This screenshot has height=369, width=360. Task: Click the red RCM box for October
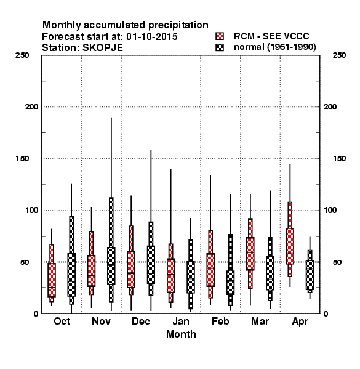[52, 280]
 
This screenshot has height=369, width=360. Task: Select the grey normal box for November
[111, 266]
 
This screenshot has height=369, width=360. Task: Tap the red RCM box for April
[290, 246]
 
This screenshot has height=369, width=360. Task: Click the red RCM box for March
[250, 253]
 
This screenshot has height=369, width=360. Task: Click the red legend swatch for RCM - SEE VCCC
[220, 36]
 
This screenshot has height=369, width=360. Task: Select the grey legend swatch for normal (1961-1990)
[220, 47]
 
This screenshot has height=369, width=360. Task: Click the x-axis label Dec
[141, 321]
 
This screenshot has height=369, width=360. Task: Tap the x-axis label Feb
[220, 321]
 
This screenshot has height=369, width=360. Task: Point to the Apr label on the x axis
[300, 322]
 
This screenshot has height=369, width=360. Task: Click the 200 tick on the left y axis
[32, 107]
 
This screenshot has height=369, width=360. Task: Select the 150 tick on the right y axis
[339, 159]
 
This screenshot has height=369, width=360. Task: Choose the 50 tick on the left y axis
[25, 262]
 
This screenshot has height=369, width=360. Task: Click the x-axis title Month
[181, 334]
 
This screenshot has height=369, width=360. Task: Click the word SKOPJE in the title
[103, 48]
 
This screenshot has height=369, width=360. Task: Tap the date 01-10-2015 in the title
[152, 37]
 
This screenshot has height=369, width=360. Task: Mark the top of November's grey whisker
[111, 118]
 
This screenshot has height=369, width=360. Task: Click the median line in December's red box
[131, 273]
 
